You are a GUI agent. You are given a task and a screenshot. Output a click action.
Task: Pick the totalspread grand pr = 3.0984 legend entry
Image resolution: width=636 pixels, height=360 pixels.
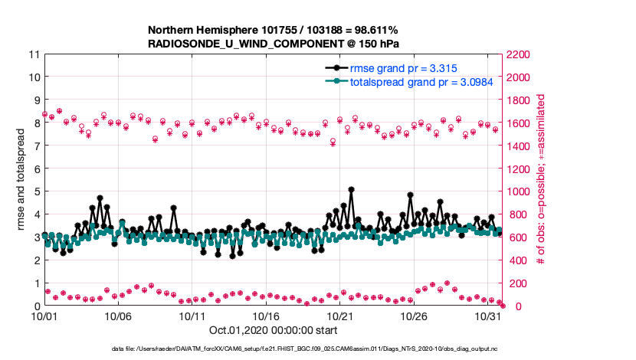(x=415, y=80)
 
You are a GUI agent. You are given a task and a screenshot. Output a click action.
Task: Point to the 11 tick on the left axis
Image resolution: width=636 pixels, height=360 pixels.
(x=33, y=54)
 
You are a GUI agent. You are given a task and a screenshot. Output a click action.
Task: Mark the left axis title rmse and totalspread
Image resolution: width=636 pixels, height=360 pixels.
(x=21, y=180)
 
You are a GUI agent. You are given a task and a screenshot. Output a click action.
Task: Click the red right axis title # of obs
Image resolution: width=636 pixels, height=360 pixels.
(x=541, y=180)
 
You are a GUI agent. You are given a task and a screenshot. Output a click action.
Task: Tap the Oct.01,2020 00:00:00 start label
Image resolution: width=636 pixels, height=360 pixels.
(x=272, y=331)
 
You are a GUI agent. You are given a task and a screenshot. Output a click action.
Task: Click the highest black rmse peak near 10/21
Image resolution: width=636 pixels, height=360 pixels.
(x=351, y=189)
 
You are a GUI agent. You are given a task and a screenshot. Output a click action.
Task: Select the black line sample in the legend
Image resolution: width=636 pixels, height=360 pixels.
(x=335, y=68)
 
